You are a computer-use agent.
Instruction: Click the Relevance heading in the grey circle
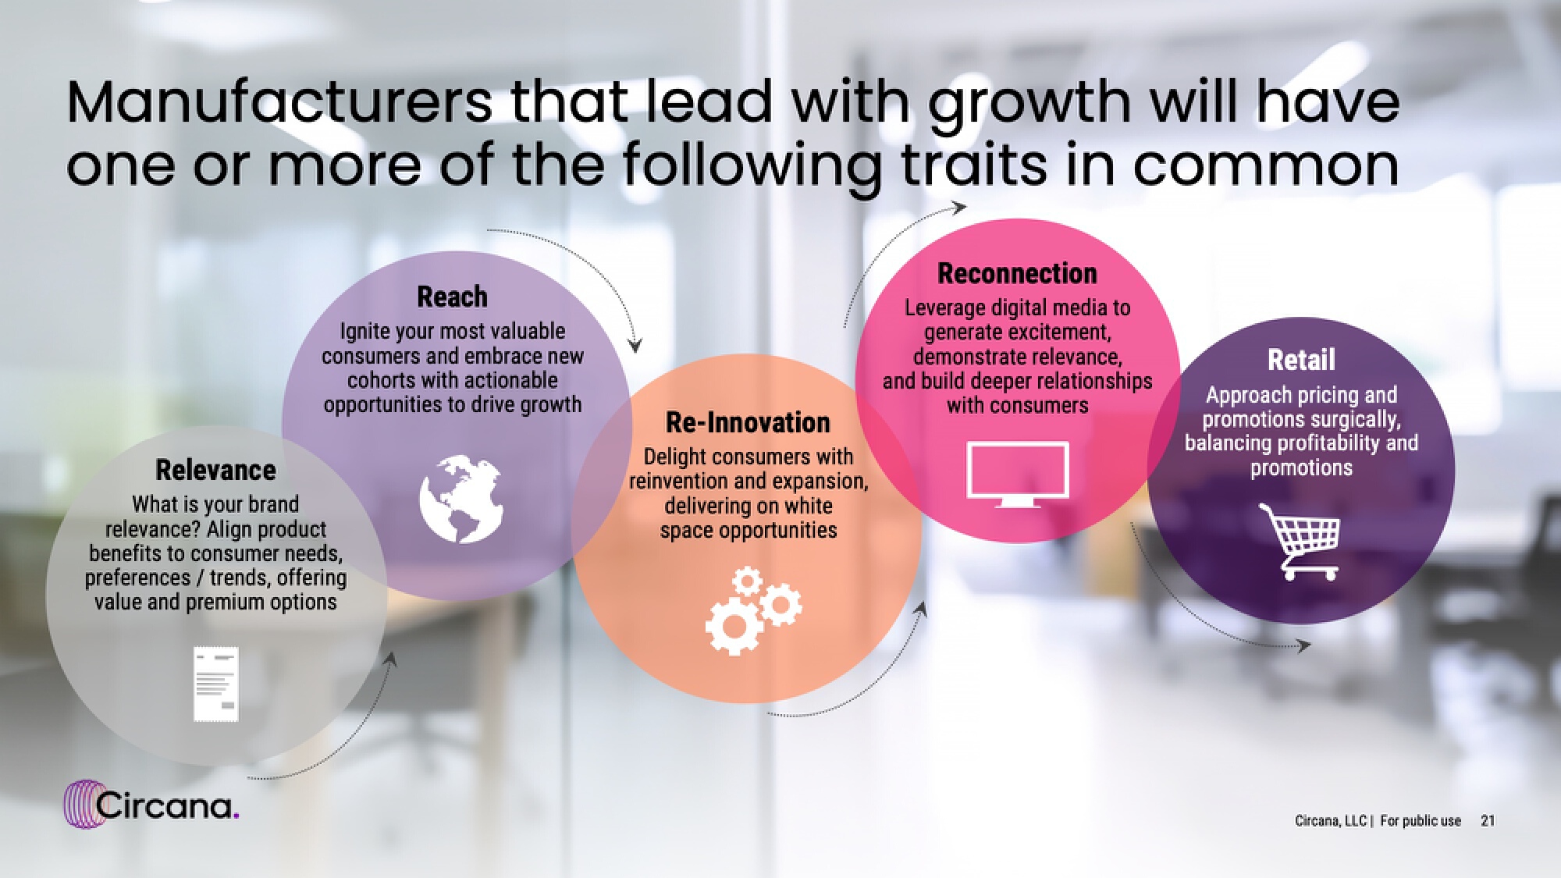point(215,470)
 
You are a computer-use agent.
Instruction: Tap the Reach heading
point(452,297)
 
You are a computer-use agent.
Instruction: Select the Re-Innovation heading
point(748,422)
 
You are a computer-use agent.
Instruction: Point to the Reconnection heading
point(1017,273)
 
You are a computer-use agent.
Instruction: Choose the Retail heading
point(1301,360)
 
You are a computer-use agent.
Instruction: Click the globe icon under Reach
point(461,499)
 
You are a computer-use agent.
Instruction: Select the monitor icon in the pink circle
point(1018,475)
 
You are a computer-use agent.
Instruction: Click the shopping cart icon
point(1299,541)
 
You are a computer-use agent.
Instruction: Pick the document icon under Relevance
point(216,684)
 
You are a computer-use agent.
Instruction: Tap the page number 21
point(1488,820)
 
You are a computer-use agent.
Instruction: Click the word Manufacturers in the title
point(280,102)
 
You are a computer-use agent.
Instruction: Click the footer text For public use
point(1421,821)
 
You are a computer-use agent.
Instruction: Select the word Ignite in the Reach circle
point(365,332)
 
